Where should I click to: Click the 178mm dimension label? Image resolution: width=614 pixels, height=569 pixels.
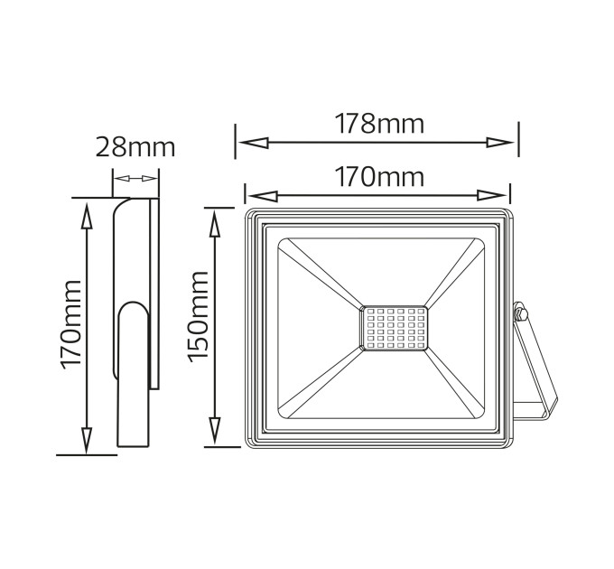coord(379,124)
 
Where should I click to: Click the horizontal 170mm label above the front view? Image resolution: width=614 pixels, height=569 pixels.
coord(379,177)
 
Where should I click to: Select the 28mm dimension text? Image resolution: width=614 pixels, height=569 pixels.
coord(135,147)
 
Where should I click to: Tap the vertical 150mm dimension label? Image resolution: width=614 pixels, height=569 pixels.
coord(198,316)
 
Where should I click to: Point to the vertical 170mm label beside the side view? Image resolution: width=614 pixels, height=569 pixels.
coord(70,324)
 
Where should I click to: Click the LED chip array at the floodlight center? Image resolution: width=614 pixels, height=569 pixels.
coord(393,328)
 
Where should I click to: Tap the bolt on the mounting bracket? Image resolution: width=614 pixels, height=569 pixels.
coord(520,313)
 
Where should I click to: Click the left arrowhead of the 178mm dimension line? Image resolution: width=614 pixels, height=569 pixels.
coord(254,143)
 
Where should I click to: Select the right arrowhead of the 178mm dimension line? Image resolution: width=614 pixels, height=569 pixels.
coord(500,143)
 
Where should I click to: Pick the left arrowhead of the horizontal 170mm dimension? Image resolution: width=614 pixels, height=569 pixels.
coord(263,195)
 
